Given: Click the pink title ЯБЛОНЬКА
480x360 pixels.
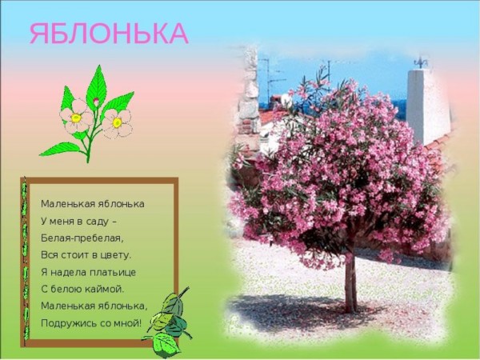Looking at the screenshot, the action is click(x=109, y=33).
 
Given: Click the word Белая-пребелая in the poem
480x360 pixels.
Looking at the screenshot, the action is click(x=82, y=238).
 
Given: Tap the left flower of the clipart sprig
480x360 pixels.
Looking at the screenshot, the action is click(x=76, y=116).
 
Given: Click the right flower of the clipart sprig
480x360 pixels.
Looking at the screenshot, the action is click(x=118, y=123).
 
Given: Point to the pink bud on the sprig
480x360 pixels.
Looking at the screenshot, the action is click(x=95, y=102).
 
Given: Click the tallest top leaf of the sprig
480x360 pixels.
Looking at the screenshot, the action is click(x=97, y=85).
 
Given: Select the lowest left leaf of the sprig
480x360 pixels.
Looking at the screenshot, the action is click(x=59, y=150).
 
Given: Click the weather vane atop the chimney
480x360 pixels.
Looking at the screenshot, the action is click(x=421, y=62).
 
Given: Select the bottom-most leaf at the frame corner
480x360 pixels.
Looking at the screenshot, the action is click(x=166, y=345).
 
